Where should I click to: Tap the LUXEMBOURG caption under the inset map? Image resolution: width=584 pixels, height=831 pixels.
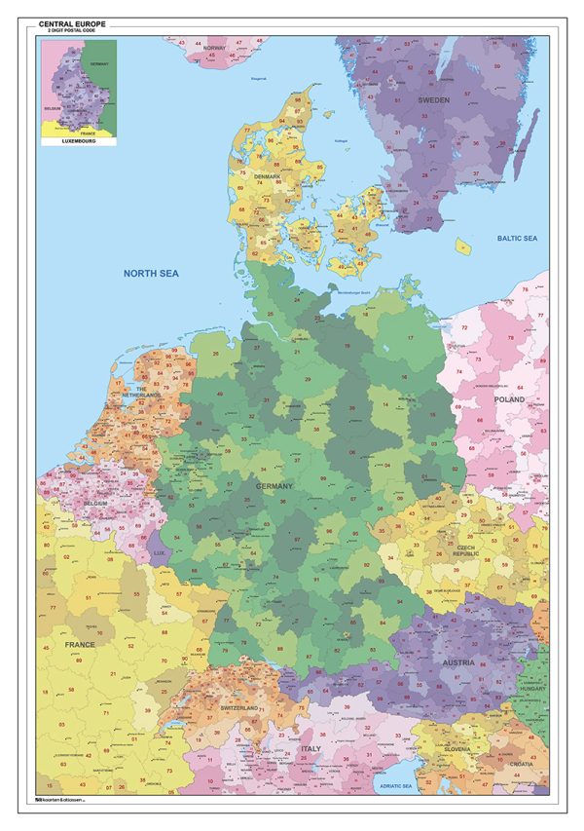coord(78,141)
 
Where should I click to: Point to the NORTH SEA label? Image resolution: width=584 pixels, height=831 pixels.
coord(151,274)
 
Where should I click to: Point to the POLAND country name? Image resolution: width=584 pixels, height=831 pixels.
coord(507,399)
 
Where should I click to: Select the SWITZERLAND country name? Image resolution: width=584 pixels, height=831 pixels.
coord(238,707)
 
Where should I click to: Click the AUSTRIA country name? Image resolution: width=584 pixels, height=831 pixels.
coord(457,662)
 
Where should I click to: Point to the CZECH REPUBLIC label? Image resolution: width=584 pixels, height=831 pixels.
coord(465,551)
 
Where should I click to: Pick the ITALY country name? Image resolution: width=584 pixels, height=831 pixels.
coord(310,748)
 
